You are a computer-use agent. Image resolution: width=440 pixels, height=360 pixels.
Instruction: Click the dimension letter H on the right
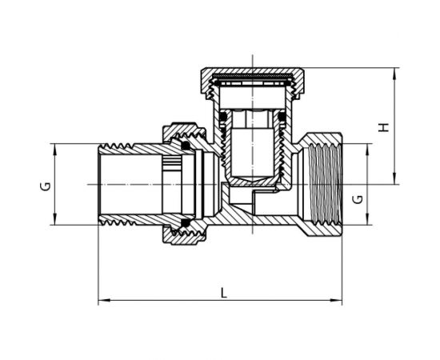coord(384,127)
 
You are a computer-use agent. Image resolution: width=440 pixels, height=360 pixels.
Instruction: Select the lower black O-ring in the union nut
coord(186,223)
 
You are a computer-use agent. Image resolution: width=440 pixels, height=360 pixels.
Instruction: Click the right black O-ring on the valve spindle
coord(281,120)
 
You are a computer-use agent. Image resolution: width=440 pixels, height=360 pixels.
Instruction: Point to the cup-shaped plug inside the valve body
coord(251,152)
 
